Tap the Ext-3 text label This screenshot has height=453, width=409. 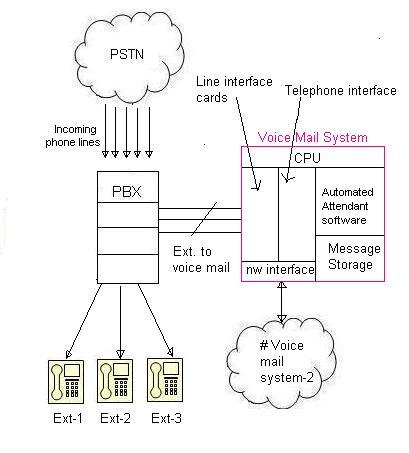165,419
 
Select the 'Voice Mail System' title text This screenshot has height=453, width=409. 312,137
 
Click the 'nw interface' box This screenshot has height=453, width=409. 277,268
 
